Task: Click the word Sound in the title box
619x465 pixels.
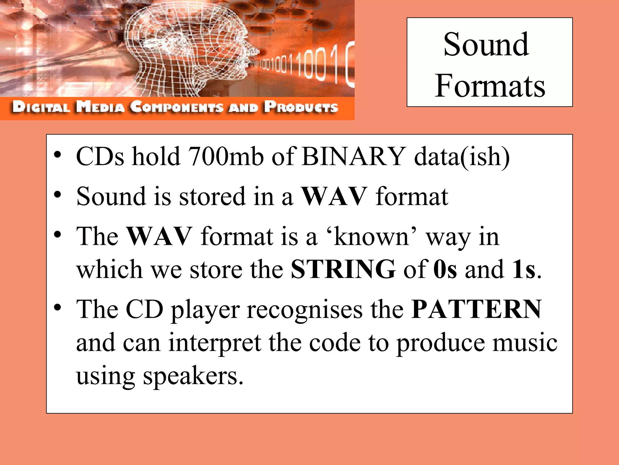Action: [x=486, y=45]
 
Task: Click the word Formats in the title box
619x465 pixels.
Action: [x=490, y=86]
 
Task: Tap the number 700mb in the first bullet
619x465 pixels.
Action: [x=225, y=157]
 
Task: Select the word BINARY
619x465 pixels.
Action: [x=354, y=157]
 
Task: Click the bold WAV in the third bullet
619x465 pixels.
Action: [x=159, y=236]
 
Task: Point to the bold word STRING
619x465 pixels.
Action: [x=343, y=269]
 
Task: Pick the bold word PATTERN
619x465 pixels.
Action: [x=476, y=309]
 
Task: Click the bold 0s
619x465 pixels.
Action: [x=445, y=269]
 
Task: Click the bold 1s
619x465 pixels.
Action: [x=523, y=269]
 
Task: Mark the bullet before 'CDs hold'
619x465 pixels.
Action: [x=57, y=155]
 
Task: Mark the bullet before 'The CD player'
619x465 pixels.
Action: [x=57, y=308]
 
